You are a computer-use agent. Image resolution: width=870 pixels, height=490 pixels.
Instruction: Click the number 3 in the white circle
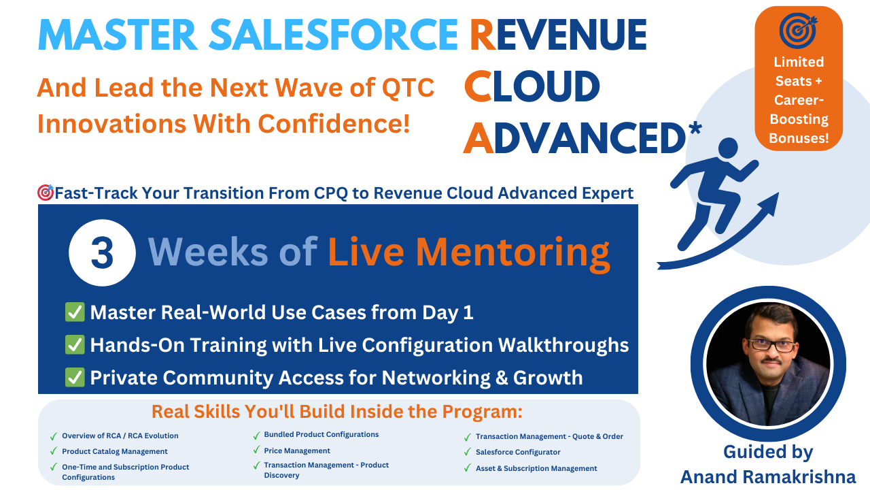102,253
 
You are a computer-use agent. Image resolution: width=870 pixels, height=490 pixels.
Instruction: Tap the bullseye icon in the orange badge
799,30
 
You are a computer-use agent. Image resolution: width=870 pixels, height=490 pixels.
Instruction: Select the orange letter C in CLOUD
478,86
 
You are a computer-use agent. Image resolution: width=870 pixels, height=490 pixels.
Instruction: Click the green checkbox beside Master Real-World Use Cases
75,312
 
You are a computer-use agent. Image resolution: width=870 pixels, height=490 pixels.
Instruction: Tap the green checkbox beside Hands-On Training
75,344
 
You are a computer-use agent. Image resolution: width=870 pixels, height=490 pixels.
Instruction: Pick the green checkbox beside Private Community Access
75,377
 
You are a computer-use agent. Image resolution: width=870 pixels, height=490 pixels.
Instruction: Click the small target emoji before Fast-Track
46,193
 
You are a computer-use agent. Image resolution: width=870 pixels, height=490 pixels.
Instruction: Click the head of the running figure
728,148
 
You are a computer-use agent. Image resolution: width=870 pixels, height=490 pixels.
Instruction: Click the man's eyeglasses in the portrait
771,345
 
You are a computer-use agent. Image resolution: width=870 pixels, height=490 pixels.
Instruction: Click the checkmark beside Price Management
256,450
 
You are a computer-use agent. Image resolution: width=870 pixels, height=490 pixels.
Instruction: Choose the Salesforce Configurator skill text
518,452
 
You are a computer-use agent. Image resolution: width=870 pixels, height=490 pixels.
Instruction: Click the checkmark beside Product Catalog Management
54,451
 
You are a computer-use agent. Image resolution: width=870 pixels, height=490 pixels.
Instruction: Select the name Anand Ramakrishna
768,477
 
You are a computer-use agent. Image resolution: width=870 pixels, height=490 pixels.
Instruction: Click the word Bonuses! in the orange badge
799,138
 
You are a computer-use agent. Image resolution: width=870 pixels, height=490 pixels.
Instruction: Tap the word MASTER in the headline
118,35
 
